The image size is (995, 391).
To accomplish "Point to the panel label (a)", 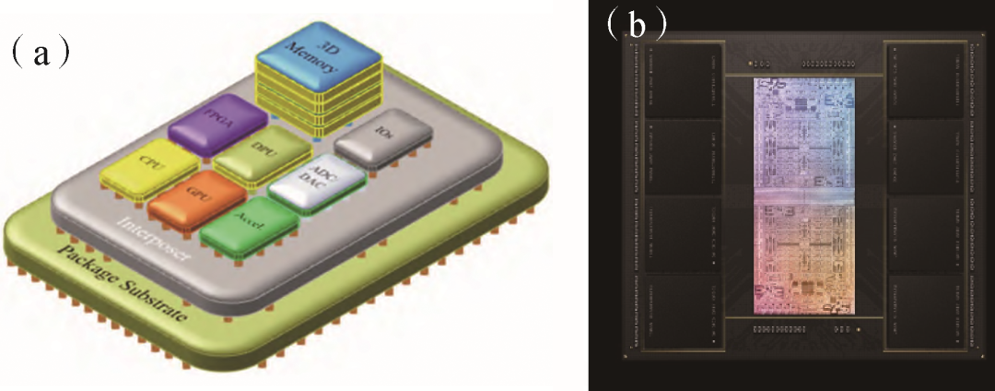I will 38,53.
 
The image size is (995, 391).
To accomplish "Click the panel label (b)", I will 635,22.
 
